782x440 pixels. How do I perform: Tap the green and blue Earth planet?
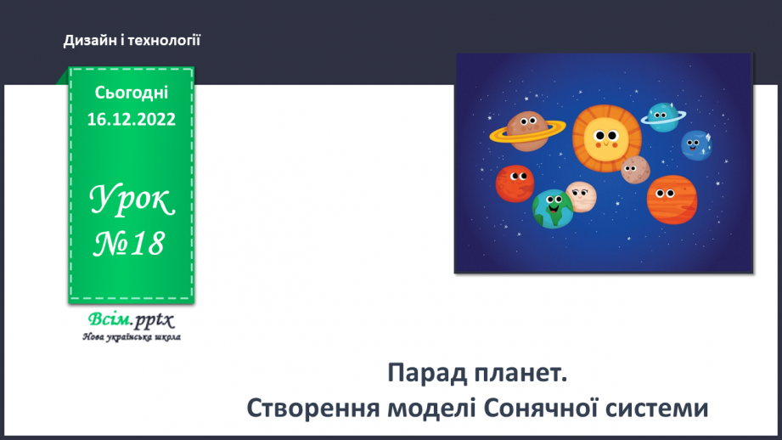[x=553, y=209]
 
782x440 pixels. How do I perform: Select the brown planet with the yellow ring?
[x=527, y=130]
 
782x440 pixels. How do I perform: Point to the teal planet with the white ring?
[x=661, y=117]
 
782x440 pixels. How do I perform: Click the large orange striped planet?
[x=671, y=198]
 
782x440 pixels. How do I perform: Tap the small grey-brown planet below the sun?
[x=634, y=170]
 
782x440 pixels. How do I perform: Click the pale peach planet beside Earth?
[x=582, y=196]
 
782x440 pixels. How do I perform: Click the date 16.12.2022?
[x=132, y=120]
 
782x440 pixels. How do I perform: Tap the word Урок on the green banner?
[x=132, y=200]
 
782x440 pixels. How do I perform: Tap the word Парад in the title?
[x=425, y=373]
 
